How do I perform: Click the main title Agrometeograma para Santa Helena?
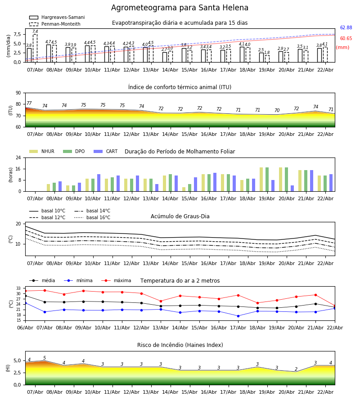click(180, 8)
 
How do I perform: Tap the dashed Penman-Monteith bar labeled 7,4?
click(35, 47)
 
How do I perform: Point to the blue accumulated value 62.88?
click(346, 28)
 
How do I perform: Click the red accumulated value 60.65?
click(346, 39)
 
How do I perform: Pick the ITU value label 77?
click(29, 103)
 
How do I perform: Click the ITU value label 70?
click(277, 111)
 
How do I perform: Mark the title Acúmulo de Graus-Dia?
click(180, 216)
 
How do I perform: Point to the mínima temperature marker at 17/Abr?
click(238, 316)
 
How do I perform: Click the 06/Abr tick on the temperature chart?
click(25, 328)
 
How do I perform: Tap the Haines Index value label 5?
click(45, 358)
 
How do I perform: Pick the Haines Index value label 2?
click(296, 369)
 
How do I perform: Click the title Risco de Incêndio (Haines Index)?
click(180, 345)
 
